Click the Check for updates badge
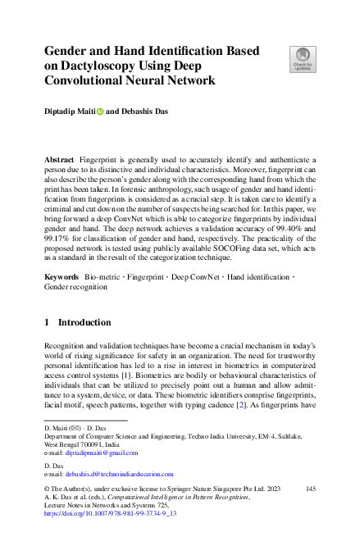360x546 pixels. pos(302,58)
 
